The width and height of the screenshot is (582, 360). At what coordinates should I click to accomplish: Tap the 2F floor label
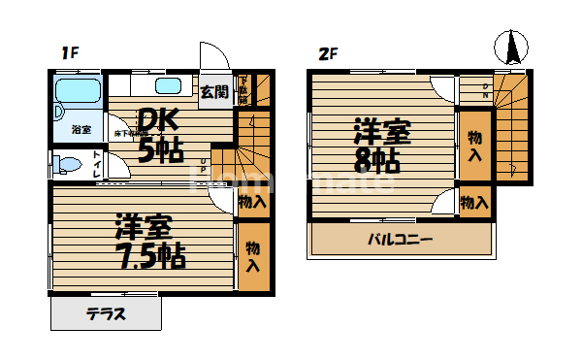click(x=327, y=53)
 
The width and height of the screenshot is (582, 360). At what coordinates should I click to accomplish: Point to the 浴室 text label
click(x=81, y=129)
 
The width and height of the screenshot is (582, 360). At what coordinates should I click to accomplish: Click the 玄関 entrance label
click(x=214, y=92)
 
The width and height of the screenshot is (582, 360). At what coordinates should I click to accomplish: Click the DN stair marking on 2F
click(x=486, y=92)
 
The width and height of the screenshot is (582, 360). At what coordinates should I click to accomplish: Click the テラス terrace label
click(x=107, y=314)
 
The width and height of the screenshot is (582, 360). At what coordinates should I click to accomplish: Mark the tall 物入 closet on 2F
click(x=474, y=145)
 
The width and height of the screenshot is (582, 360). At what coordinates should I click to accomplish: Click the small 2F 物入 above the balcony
click(x=473, y=203)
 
